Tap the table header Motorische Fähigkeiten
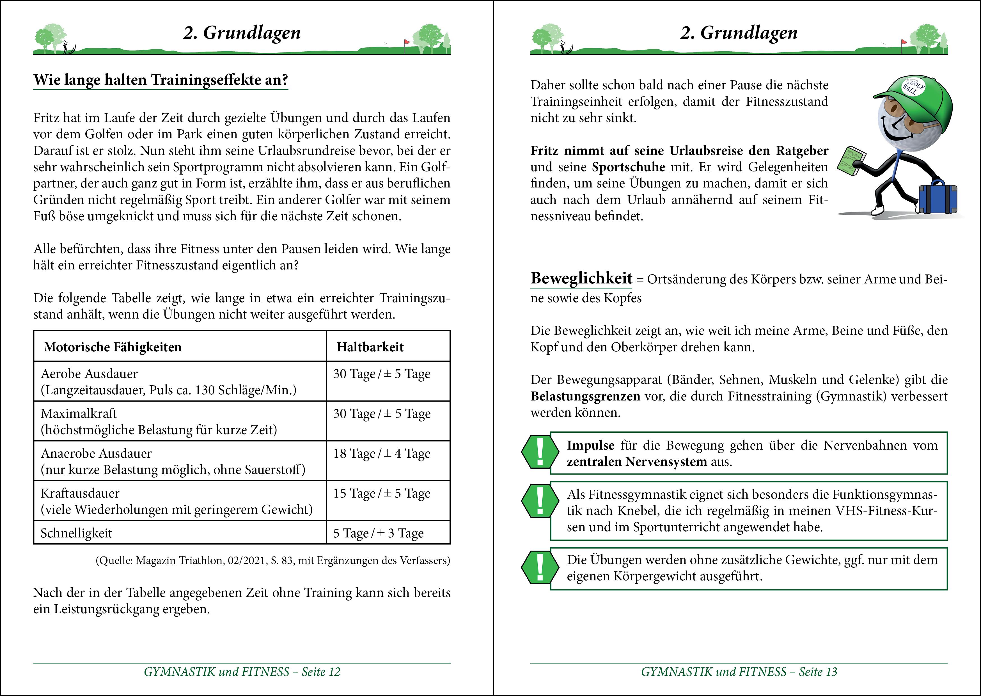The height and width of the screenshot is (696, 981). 113,347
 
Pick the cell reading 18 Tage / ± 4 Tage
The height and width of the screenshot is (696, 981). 381,454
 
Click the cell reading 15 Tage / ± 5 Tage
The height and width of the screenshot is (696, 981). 381,493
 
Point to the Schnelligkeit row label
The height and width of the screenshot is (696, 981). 76,533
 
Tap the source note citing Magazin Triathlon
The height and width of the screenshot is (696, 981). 272,560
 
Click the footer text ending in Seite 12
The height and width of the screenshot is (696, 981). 242,672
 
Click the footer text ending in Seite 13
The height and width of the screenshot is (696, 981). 739,672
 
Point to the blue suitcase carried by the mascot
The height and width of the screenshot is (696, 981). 938,198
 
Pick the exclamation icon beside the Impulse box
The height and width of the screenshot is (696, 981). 540,452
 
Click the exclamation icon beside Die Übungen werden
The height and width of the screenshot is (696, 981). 540,567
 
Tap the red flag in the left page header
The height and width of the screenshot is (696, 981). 407,42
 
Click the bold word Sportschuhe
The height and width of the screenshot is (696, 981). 629,167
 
